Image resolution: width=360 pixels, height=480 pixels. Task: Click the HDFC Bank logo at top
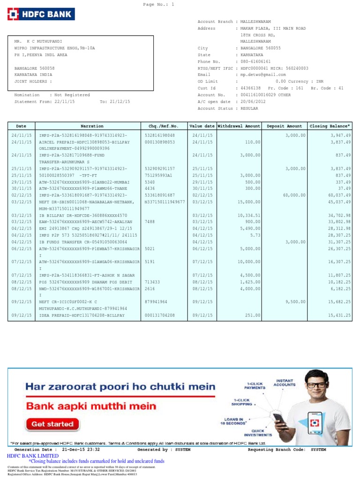pos(41,14)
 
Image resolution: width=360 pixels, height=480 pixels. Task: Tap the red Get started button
pos(52,424)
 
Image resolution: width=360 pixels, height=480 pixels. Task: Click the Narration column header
pos(92,126)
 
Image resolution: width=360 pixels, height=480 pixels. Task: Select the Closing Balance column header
pos(330,126)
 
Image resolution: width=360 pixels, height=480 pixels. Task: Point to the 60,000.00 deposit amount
pos(294,195)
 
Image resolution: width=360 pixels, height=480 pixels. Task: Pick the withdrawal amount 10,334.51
pos(249,215)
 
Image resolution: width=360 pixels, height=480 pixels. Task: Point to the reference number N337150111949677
pos(165,202)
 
